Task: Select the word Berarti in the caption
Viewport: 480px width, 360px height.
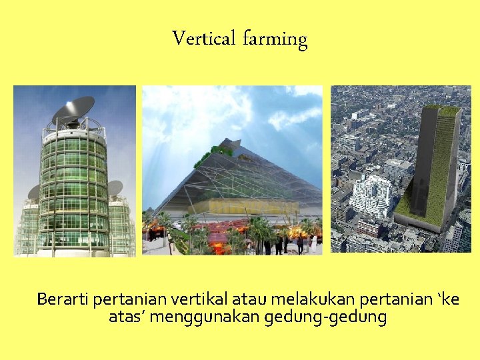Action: point(63,299)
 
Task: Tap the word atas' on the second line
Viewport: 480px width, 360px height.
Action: point(127,317)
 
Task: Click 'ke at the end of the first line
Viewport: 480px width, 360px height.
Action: point(447,299)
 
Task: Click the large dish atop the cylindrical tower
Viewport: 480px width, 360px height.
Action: point(73,109)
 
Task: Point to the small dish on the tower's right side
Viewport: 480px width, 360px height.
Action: point(114,188)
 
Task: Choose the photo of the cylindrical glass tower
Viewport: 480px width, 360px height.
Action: point(75,171)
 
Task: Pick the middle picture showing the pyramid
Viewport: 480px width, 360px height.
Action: point(232,171)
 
